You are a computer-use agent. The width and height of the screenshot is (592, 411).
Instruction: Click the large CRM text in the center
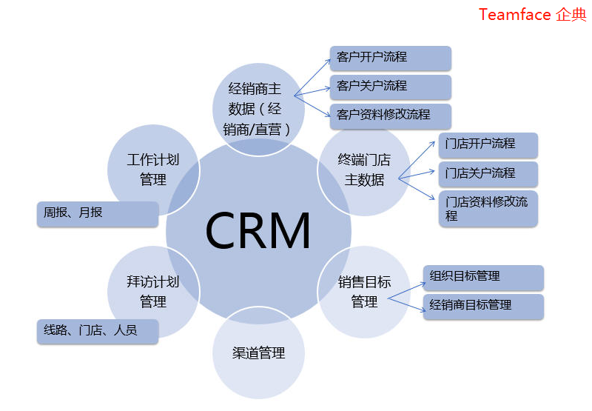[258, 231]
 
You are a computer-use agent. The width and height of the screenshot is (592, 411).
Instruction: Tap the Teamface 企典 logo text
[531, 15]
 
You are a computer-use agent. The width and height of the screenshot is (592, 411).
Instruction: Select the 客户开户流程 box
[390, 58]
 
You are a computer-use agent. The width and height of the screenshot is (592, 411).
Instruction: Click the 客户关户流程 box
[390, 87]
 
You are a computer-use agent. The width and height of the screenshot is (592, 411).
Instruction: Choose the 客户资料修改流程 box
[390, 116]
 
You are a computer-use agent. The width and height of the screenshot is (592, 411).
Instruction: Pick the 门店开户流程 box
[488, 144]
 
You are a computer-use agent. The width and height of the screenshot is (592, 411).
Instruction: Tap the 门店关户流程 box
[488, 174]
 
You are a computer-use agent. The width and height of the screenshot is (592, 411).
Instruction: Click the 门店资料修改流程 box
[488, 209]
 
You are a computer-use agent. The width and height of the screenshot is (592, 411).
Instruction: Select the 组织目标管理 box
[483, 277]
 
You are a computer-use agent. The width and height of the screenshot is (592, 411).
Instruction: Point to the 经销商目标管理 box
[483, 306]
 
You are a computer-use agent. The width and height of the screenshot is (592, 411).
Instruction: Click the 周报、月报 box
[97, 213]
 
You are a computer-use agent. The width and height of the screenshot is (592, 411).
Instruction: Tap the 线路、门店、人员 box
[97, 331]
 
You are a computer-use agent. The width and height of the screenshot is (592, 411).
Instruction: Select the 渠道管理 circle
[258, 353]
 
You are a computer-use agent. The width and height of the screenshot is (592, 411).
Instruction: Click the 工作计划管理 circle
[153, 170]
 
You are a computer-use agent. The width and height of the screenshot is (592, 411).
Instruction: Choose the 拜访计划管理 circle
[153, 292]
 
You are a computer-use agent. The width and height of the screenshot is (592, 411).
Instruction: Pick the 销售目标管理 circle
[364, 292]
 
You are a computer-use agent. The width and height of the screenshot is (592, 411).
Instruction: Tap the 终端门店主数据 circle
[363, 170]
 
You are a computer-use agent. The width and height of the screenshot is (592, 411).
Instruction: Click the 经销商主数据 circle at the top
[258, 109]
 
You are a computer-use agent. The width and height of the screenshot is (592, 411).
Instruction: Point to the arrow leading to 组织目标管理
[406, 286]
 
